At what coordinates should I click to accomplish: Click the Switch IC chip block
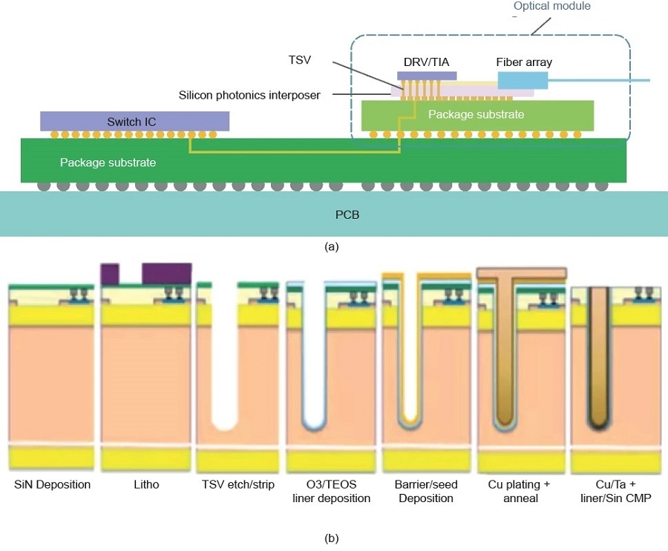click(134, 121)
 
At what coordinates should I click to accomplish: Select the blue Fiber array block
click(523, 80)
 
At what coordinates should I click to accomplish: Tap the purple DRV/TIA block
click(427, 76)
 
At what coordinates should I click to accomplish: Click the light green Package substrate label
click(476, 114)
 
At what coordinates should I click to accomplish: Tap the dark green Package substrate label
click(108, 162)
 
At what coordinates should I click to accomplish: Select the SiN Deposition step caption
click(53, 484)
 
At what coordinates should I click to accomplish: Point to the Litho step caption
click(146, 484)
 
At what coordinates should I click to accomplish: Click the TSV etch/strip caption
click(239, 484)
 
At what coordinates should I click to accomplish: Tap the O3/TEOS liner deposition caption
click(332, 491)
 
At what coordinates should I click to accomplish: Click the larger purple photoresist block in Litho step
click(166, 273)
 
